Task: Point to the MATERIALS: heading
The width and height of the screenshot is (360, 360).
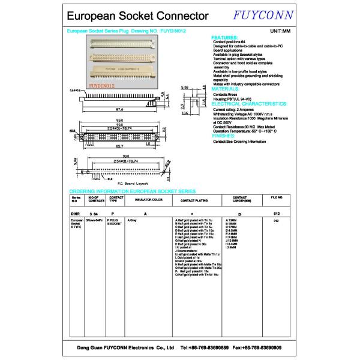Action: (228, 88)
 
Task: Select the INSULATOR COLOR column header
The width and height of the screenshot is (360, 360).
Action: (149, 199)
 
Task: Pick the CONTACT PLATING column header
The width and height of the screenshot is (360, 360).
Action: (193, 199)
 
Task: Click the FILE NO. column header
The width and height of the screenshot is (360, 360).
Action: (277, 197)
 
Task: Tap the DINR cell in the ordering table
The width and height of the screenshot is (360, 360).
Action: (76, 213)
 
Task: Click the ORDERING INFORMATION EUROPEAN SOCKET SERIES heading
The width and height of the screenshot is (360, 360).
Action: (128, 188)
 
